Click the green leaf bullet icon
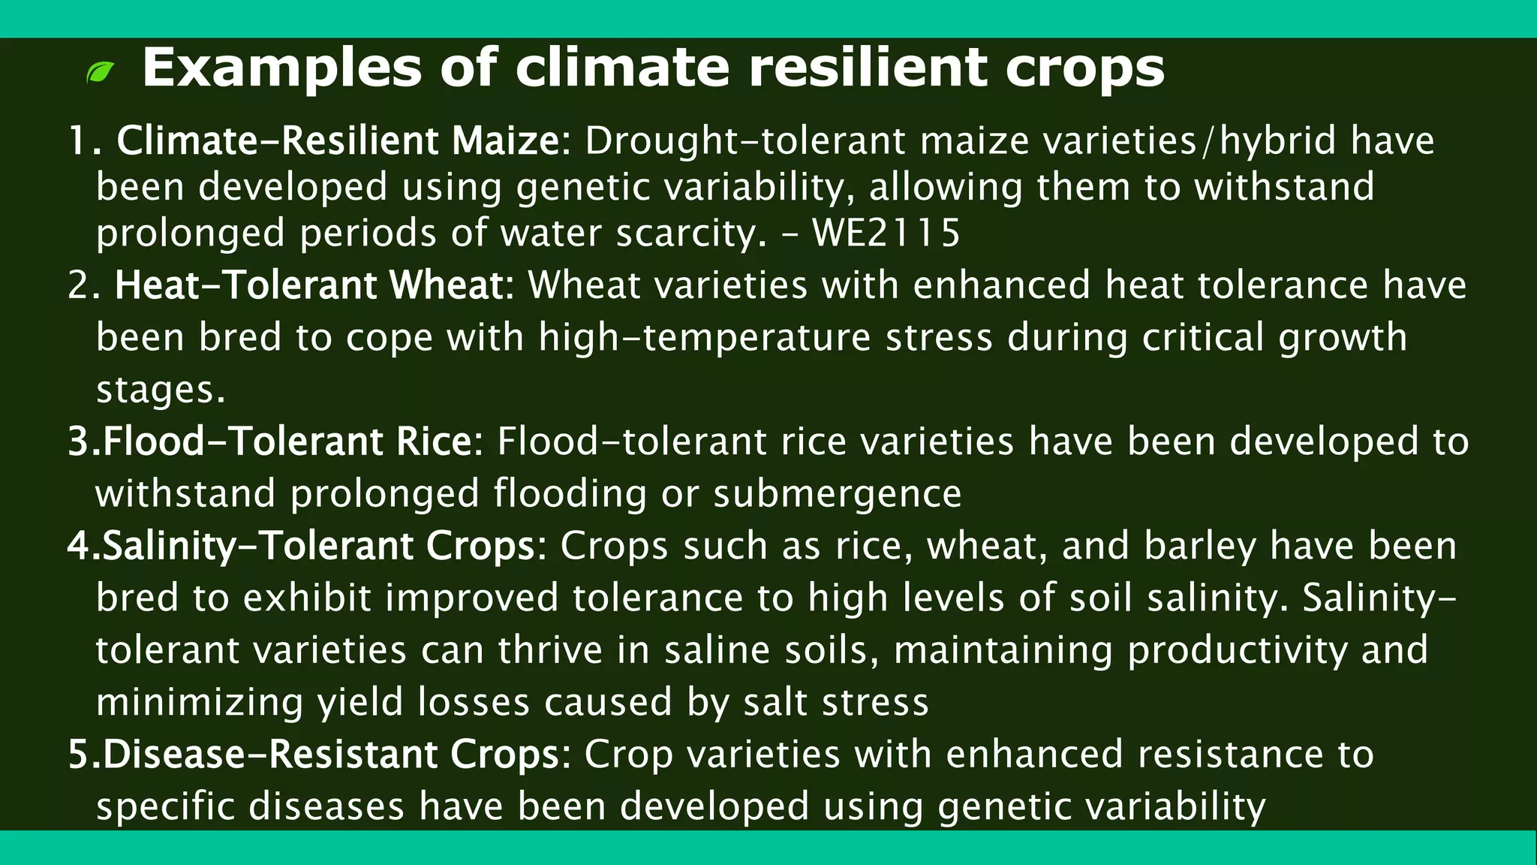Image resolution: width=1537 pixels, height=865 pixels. (101, 72)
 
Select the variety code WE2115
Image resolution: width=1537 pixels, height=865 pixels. (886, 233)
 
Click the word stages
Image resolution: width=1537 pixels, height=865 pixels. (160, 390)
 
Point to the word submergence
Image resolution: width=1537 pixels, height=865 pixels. (837, 494)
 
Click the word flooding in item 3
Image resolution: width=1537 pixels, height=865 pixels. (570, 494)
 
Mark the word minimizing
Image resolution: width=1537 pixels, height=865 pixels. (200, 702)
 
